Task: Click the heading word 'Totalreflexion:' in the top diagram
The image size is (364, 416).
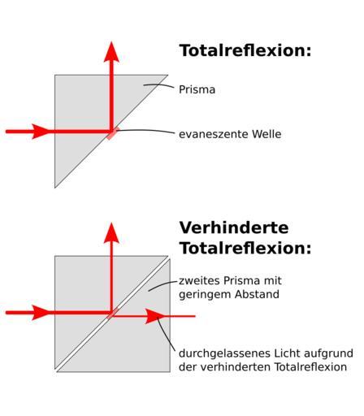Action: tap(245, 50)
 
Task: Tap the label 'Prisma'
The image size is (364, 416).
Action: tap(197, 89)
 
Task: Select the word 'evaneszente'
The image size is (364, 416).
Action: tap(213, 134)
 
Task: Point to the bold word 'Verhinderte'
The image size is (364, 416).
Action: tap(234, 228)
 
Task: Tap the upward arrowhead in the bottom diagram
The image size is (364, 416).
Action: tap(111, 233)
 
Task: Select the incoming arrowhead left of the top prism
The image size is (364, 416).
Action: tap(41, 132)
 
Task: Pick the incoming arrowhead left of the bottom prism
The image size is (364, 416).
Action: tap(41, 313)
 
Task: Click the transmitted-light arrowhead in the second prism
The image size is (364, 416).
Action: tap(155, 316)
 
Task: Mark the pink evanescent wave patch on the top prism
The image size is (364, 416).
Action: tap(112, 133)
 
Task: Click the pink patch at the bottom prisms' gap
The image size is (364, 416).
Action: tap(112, 314)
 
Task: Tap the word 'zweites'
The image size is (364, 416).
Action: tap(200, 280)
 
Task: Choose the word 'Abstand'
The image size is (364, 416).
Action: tap(257, 294)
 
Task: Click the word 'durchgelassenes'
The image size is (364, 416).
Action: tap(224, 353)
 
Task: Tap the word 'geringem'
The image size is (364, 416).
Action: tap(205, 295)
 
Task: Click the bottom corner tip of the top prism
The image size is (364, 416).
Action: tap(55, 188)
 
